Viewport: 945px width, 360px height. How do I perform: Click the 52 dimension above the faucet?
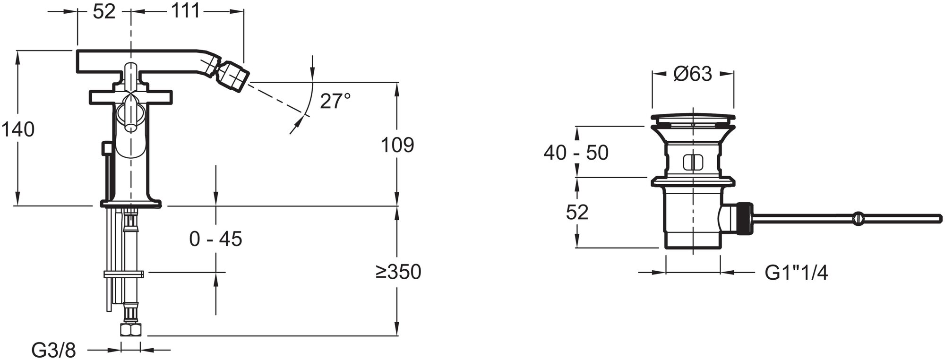104,12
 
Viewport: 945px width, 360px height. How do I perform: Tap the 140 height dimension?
17,129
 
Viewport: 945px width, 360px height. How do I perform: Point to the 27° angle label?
335,101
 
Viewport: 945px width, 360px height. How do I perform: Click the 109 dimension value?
397,145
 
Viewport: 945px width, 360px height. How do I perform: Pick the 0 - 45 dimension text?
215,239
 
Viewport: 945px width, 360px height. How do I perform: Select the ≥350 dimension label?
398,272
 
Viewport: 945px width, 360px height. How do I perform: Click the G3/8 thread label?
53,351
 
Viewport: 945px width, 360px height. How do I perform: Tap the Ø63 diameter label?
693,74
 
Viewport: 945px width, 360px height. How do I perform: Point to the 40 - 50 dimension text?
576,153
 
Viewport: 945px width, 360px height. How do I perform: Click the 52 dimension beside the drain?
577,213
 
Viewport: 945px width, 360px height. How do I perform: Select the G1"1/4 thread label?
796,273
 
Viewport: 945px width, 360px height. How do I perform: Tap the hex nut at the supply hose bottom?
130,329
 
